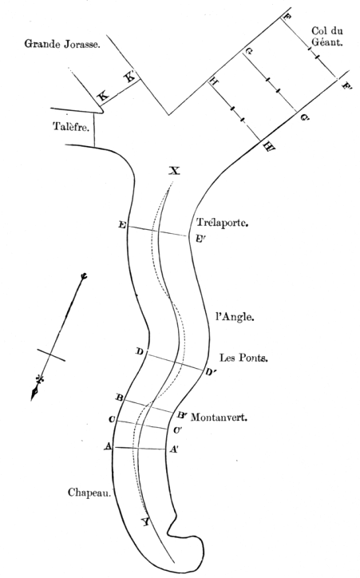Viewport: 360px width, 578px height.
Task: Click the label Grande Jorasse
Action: (62, 44)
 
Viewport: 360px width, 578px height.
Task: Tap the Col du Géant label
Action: (327, 36)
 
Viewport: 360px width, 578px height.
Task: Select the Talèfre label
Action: (71, 126)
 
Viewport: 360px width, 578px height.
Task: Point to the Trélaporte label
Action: (222, 222)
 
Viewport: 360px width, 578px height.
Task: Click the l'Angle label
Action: (235, 317)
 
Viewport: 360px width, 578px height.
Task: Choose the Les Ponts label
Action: (243, 357)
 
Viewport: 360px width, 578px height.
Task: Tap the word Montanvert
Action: (219, 418)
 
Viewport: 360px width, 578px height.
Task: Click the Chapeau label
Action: (89, 493)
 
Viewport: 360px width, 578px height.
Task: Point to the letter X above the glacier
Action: (174, 171)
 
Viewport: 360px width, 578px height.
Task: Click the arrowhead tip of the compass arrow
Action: (32, 399)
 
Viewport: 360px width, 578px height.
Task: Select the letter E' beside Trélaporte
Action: (200, 240)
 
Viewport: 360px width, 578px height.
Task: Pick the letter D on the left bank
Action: (139, 351)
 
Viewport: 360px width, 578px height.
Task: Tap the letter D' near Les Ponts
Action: (211, 372)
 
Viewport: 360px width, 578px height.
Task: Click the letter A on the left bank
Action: (108, 446)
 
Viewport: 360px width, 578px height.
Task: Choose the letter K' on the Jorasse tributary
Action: (131, 77)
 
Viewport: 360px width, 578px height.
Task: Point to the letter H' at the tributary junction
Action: (269, 147)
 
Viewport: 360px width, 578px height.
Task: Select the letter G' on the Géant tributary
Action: (304, 118)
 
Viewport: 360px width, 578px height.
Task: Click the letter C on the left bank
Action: (111, 419)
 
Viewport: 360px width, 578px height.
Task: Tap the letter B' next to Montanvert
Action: (182, 415)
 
